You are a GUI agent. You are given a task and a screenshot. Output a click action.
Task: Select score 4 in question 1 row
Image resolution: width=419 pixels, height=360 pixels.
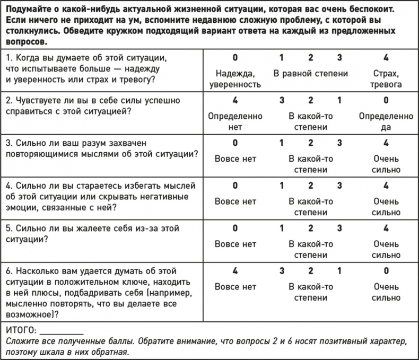386,57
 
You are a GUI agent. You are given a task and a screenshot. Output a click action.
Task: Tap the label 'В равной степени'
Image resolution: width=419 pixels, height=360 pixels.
311,74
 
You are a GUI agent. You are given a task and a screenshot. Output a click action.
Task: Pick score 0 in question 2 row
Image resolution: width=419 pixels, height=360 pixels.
386,100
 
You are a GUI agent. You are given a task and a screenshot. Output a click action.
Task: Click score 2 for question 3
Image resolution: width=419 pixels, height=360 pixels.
311,143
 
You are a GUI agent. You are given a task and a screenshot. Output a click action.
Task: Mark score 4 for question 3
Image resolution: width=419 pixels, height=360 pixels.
386,143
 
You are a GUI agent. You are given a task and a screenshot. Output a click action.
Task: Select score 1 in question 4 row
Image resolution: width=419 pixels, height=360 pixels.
282,186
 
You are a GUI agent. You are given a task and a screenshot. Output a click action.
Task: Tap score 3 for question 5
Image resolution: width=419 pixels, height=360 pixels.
339,229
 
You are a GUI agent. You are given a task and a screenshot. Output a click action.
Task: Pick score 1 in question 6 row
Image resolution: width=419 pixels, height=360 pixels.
339,271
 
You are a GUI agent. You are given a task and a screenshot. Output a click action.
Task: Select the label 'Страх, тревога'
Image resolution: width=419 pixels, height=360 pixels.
386,79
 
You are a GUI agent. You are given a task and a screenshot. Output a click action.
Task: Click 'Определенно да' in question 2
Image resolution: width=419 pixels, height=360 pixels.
386,121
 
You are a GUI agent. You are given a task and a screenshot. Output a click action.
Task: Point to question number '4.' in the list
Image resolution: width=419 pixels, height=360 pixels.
9,186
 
